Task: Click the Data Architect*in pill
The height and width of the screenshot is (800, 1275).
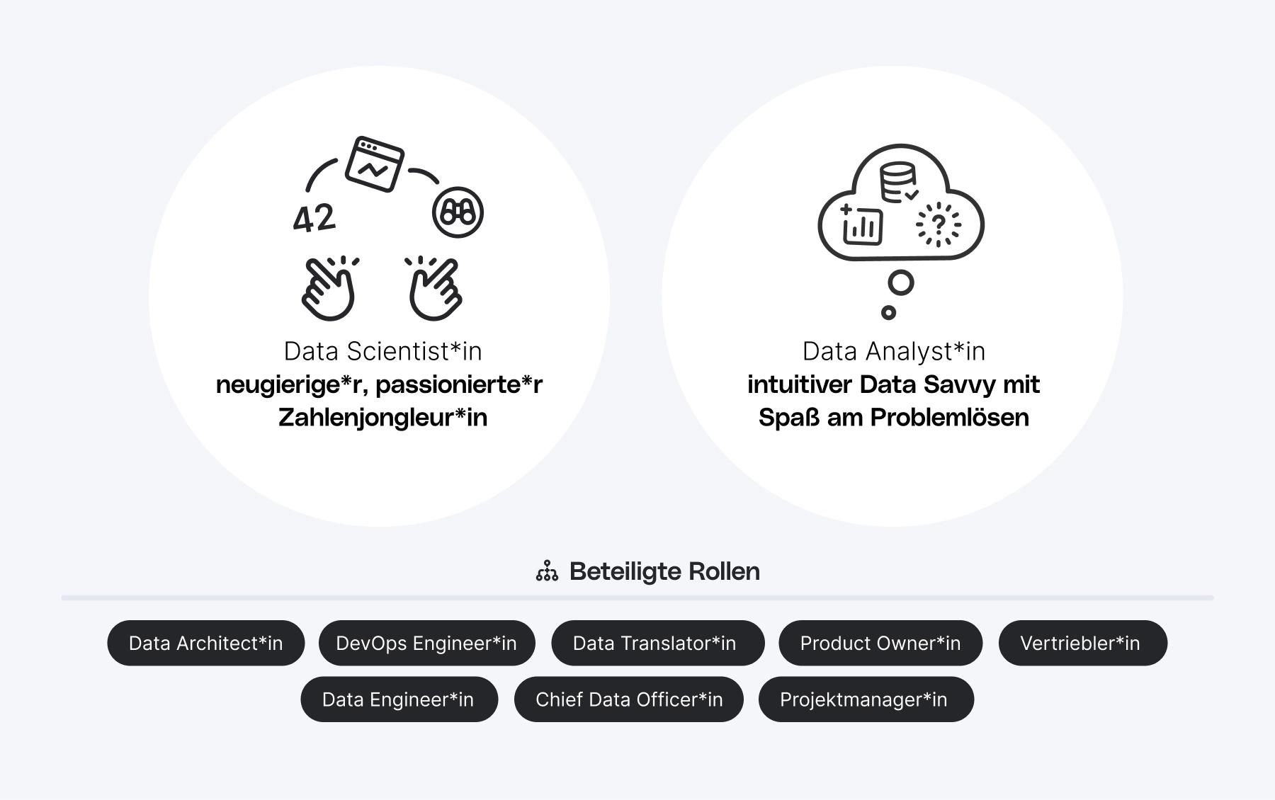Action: [205, 643]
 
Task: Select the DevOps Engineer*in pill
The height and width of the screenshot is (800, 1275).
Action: [426, 643]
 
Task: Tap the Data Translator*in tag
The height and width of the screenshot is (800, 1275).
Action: [657, 643]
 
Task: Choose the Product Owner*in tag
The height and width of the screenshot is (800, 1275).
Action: [880, 643]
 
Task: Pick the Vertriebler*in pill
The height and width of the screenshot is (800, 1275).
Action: [1082, 643]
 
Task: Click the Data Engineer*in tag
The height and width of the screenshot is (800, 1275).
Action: [399, 699]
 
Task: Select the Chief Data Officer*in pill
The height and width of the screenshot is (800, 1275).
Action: [629, 699]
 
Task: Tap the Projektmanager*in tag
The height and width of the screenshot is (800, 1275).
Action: [866, 699]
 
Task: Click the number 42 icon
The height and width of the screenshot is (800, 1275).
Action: [314, 218]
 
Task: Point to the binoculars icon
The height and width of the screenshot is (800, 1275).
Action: [458, 212]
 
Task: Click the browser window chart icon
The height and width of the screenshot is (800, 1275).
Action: [374, 164]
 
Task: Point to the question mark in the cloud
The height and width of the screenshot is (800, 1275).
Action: [939, 225]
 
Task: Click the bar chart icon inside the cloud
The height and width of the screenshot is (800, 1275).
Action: [862, 226]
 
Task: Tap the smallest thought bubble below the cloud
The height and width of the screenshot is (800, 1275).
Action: [888, 312]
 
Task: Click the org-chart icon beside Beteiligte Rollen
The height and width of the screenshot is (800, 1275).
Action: [547, 571]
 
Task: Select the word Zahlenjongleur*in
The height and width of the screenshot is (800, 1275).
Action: [382, 417]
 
